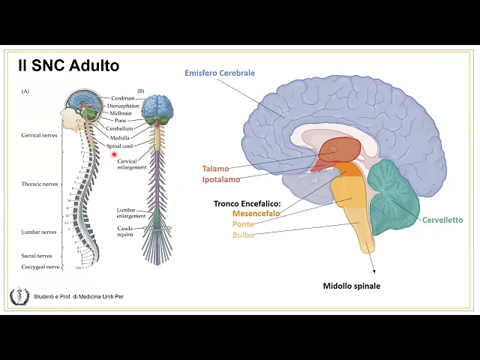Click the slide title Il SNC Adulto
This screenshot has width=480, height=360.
[x=68, y=66]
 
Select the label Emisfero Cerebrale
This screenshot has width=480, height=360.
[x=220, y=73]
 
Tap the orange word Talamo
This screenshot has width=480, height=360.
[x=215, y=169]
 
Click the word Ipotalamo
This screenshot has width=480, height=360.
[x=220, y=180]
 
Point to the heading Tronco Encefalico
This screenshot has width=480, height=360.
[x=247, y=203]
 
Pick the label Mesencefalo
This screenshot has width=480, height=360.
[x=256, y=214]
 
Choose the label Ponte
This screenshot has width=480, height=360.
[x=243, y=224]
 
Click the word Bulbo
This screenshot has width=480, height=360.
[x=243, y=235]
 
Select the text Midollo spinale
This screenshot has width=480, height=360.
[x=351, y=286]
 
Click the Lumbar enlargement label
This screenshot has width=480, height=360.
[x=130, y=213]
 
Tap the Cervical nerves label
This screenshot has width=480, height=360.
[x=39, y=136]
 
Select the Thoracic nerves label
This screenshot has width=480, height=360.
[x=40, y=184]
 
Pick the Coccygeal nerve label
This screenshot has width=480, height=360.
[x=40, y=266]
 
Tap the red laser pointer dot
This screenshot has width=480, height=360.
[x=115, y=155]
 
